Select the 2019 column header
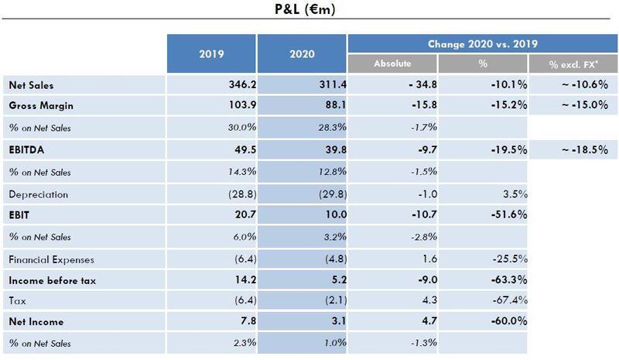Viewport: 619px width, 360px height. [210, 55]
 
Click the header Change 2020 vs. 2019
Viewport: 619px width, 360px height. [482, 43]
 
